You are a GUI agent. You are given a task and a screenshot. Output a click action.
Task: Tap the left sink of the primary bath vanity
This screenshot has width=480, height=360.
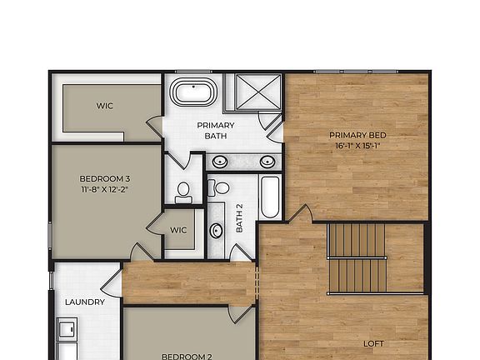[220, 162]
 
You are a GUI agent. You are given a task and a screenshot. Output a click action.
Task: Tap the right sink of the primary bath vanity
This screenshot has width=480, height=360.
[267, 162]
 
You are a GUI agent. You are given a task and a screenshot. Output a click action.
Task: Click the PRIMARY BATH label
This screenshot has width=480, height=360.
[215, 130]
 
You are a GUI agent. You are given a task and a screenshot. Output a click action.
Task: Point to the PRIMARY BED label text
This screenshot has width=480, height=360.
[357, 135]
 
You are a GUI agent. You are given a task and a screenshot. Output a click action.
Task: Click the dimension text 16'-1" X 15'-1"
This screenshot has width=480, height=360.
[357, 145]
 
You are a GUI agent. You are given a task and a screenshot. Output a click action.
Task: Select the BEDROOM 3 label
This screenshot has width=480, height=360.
[104, 178]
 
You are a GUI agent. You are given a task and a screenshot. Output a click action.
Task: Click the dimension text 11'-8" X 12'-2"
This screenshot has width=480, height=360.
[104, 189]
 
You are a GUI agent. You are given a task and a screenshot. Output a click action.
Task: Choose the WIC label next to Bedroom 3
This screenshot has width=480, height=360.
[178, 230]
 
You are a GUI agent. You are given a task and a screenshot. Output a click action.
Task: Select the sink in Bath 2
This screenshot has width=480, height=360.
[217, 230]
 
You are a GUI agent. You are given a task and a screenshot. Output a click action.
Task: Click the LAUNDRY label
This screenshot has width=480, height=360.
[85, 302]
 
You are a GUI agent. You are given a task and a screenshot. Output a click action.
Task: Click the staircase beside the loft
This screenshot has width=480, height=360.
[357, 257]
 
